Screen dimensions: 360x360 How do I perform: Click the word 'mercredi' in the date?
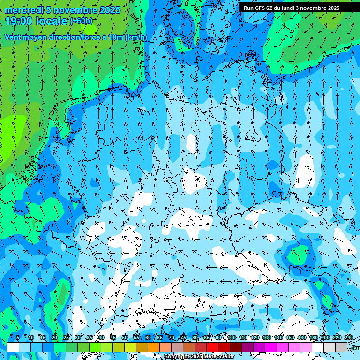pos(24,10)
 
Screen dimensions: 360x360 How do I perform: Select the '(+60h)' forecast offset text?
pos(81,21)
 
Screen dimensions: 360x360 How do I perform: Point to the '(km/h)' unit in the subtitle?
pos(136,37)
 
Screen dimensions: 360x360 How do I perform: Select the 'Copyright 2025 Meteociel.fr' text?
pos(199,357)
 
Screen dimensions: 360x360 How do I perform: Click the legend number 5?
pos(18,338)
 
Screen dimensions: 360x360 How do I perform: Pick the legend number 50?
pos(124,338)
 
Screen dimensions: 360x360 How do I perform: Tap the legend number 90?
pos(218,338)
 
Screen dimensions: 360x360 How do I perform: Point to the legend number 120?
pos(255,338)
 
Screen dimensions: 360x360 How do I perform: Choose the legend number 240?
pos(349,338)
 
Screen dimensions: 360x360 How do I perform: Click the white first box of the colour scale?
pos(13,347)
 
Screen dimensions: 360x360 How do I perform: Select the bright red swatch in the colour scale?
pos(212,347)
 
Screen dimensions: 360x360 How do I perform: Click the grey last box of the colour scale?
pos(341,347)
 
